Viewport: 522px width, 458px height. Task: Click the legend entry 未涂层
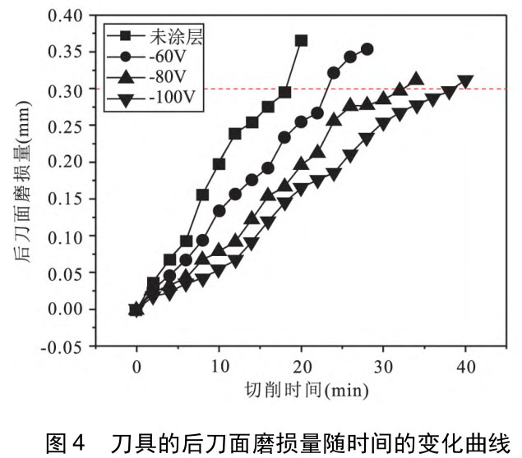(x=171, y=35)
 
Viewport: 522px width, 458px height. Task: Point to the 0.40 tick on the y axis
(x=65, y=16)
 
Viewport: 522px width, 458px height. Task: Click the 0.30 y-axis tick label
(x=65, y=89)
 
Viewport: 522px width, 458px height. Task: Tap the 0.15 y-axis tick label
(x=65, y=199)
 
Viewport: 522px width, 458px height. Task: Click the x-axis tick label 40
(x=465, y=367)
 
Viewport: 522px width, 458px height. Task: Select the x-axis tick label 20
(x=301, y=367)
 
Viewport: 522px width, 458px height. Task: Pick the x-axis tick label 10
(x=219, y=367)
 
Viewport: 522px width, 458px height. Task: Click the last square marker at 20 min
(x=301, y=40)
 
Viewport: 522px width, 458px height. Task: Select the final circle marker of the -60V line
(x=367, y=49)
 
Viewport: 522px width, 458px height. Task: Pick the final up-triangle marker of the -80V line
(x=416, y=80)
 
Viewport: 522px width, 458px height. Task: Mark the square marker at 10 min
(x=219, y=164)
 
